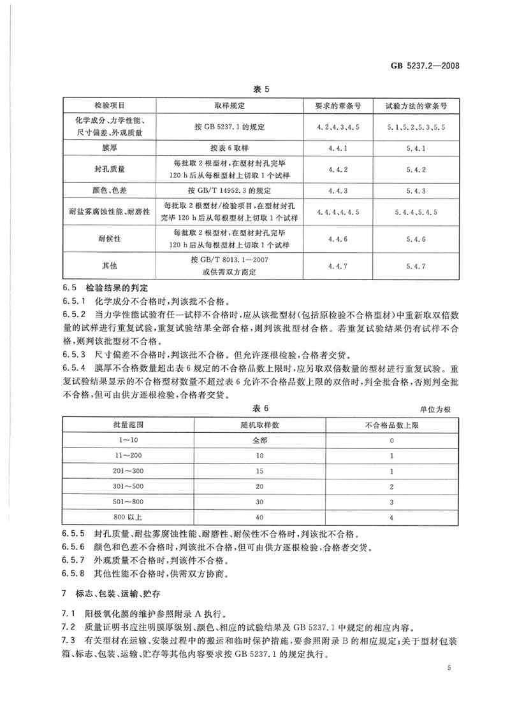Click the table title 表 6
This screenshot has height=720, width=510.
(x=255, y=408)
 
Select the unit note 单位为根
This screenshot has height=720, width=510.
(x=434, y=409)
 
